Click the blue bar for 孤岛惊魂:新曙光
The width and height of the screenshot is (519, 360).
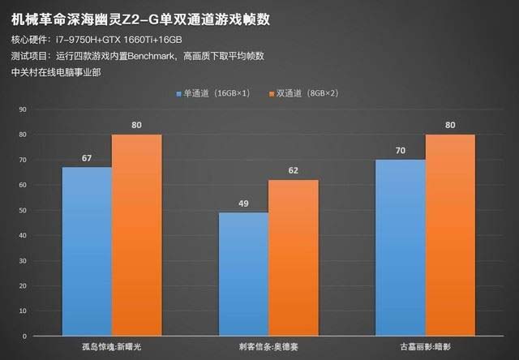(87, 251)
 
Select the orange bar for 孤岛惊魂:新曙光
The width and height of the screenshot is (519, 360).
(136, 235)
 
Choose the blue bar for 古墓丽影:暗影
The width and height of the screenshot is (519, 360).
(400, 247)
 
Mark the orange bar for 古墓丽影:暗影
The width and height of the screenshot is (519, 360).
(450, 235)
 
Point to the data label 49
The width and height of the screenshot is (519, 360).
(243, 204)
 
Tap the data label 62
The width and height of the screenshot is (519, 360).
(293, 171)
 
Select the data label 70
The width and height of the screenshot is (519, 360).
(400, 151)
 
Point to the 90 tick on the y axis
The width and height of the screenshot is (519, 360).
(23, 109)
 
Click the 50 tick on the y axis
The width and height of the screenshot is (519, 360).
(23, 210)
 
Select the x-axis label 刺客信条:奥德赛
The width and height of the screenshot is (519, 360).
(268, 347)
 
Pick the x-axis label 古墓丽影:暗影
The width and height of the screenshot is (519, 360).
(425, 347)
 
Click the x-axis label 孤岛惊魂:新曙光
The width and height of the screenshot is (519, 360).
(112, 347)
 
